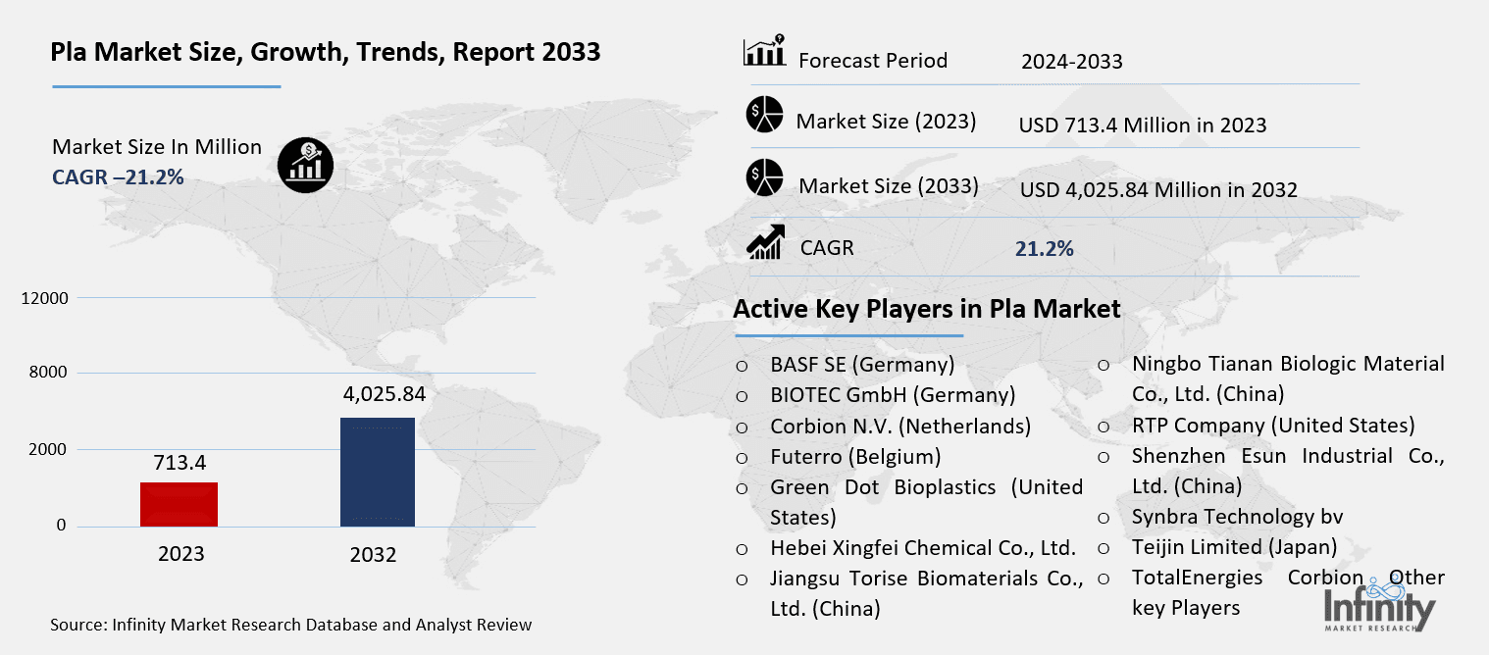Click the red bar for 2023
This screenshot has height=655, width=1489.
(x=180, y=504)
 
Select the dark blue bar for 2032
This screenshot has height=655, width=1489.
(x=377, y=472)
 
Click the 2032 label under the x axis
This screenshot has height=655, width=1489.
(x=373, y=555)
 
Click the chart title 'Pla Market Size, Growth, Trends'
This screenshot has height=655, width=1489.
(x=326, y=53)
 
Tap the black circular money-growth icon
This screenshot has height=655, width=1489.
(x=305, y=164)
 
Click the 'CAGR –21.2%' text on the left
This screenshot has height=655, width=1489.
(x=118, y=176)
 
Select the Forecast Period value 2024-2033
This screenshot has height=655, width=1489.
(x=1071, y=62)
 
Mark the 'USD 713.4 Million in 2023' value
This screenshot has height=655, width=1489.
(x=1143, y=126)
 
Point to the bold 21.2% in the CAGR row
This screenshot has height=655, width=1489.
(x=1044, y=249)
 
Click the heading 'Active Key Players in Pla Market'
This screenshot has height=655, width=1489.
(x=927, y=309)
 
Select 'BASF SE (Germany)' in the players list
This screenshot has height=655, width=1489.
(x=862, y=365)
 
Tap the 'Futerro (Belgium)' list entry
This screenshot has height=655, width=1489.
(x=855, y=457)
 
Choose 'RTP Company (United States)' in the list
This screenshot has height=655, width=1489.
(x=1272, y=426)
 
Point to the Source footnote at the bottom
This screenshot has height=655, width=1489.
(x=291, y=625)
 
